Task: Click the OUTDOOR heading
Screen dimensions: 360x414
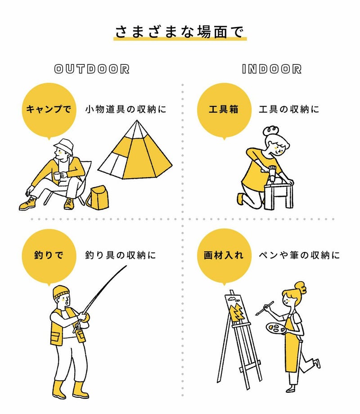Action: pos(92,69)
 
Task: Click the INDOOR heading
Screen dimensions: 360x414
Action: pos(271,69)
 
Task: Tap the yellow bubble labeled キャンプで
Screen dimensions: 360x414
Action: pos(49,111)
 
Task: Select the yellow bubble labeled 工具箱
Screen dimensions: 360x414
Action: pos(224,111)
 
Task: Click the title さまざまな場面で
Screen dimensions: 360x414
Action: pos(180,32)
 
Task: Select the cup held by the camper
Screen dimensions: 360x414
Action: pos(57,175)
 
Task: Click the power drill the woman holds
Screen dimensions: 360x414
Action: pos(272,173)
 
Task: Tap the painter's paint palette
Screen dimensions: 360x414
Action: pos(275,328)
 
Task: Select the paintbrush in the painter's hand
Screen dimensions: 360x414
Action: pos(265,308)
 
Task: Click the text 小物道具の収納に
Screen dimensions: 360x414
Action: pos(126,109)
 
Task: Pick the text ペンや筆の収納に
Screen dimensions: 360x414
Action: pos(299,255)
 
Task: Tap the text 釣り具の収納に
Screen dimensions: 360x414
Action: pos(121,255)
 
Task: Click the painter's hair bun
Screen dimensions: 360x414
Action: pos(301,287)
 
